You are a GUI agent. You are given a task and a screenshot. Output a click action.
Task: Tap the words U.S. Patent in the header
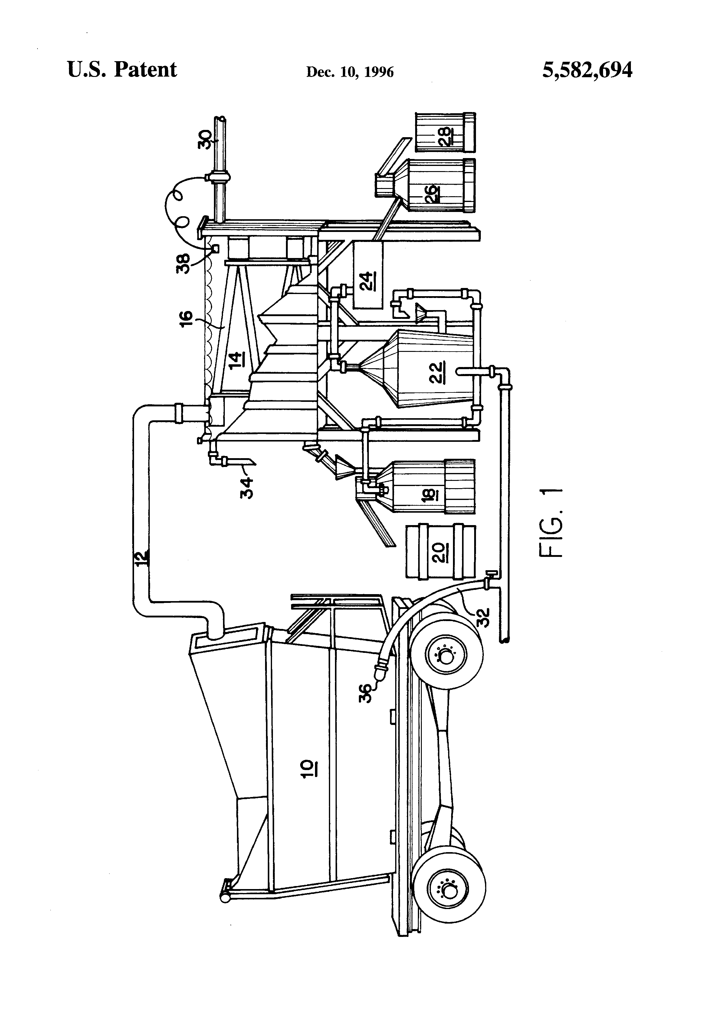[x=122, y=70]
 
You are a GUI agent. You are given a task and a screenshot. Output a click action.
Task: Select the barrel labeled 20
[x=440, y=552]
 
